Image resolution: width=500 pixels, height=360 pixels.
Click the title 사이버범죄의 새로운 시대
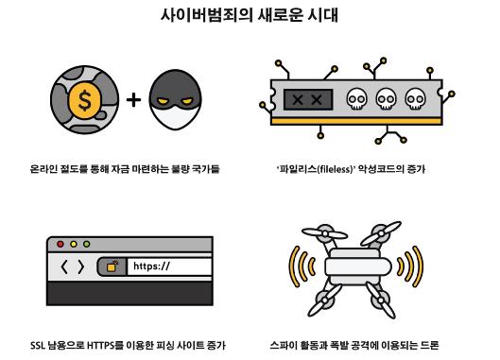[250, 15]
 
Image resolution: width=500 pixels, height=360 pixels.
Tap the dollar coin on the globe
[85, 100]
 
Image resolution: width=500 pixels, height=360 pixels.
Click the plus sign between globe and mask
[133, 100]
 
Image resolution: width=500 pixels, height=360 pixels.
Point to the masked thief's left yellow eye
[163, 101]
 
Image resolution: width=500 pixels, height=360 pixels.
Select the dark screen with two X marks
[308, 100]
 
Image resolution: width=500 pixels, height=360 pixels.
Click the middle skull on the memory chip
[387, 99]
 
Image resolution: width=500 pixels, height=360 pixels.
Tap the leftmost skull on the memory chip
[357, 99]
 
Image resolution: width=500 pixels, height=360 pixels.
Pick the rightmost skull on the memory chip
[416, 99]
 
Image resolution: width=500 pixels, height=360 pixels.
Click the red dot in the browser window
[60, 244]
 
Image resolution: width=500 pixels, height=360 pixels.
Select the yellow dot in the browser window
[74, 244]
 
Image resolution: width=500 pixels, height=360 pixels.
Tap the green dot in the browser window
[86, 244]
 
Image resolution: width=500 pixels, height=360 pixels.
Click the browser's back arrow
[64, 266]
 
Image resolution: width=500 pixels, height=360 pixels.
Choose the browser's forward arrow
[81, 266]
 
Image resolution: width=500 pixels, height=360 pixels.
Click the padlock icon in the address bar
[112, 266]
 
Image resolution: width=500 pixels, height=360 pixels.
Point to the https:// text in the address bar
[151, 266]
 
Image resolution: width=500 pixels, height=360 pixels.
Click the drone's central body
[358, 266]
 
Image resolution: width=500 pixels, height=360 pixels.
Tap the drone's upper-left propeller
[324, 233]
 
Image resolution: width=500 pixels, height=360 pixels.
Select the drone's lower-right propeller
[381, 300]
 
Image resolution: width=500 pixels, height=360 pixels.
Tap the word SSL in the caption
[38, 345]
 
